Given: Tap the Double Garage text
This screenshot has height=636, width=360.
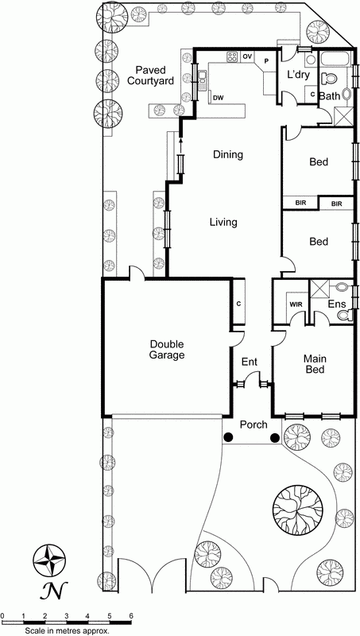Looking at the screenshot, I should click(166, 350).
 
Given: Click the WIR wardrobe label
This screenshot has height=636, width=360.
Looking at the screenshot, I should click(296, 304).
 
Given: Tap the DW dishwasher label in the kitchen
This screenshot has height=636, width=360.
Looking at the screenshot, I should click(218, 97).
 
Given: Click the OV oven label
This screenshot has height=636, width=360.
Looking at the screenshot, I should click(247, 56).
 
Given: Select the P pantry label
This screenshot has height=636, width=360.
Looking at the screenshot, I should click(267, 60).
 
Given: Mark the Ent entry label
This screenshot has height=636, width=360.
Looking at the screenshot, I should click(250, 363).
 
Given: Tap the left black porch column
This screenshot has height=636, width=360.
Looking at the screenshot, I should click(229, 437).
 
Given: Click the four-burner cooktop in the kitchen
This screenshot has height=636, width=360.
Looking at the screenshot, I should click(233, 56).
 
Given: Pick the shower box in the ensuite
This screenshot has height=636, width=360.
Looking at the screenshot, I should click(322, 289).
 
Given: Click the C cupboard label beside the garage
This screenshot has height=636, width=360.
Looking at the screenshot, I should click(238, 304).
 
